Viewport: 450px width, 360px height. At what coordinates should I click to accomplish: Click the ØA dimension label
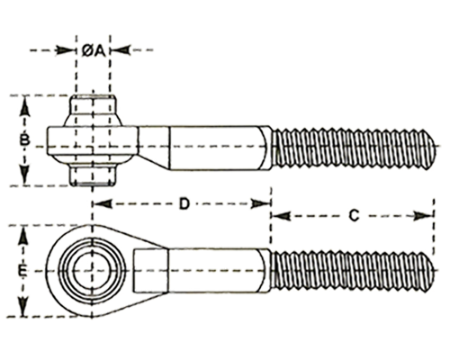tap(94, 51)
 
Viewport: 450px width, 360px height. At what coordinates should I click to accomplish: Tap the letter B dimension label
tap(24, 140)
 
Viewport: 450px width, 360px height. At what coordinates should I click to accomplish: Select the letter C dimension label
tap(355, 215)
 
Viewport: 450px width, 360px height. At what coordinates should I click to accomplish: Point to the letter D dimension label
tap(184, 203)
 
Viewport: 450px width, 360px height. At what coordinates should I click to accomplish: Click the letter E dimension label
tap(22, 272)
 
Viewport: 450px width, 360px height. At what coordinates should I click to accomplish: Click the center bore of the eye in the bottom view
tap(93, 272)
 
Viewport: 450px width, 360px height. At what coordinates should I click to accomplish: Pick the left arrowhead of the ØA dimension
tap(66, 50)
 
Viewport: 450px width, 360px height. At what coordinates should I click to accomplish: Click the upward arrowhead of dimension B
tap(24, 107)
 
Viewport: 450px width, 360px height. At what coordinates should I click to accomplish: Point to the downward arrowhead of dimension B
tap(24, 175)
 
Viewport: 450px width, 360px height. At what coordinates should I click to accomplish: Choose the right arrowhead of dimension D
tap(261, 203)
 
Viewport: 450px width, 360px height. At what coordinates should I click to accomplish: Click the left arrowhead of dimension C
tap(281, 216)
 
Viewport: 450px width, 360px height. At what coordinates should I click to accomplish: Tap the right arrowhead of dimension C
tap(423, 216)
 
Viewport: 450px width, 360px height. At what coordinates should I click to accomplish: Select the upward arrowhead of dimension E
tap(23, 237)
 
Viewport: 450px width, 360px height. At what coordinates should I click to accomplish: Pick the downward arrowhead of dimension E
tap(23, 307)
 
